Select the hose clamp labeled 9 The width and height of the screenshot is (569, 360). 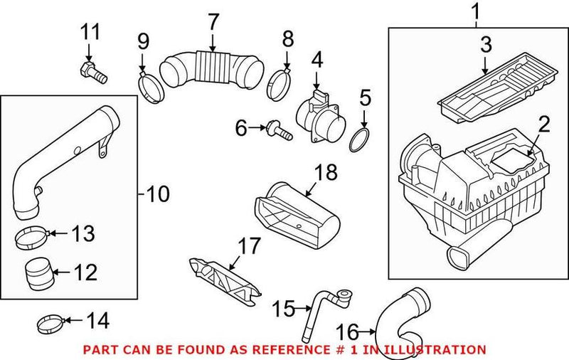pyautogui.click(x=151, y=86)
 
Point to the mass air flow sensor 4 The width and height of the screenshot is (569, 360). pyautogui.click(x=318, y=115)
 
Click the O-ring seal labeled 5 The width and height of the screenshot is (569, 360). pyautogui.click(x=361, y=139)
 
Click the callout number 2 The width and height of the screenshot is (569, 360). pyautogui.click(x=543, y=125)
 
